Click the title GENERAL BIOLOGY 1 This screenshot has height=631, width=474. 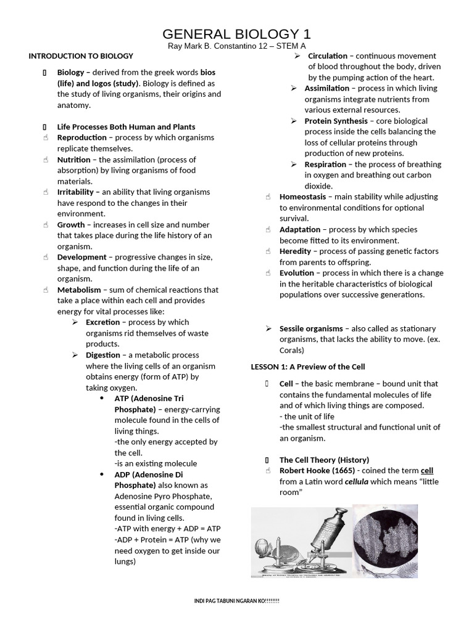tap(237, 33)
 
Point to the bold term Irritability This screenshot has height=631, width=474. tap(78, 192)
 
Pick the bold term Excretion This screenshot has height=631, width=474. tap(103, 322)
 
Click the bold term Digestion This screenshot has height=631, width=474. tap(103, 355)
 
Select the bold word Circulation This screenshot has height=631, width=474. tap(328, 56)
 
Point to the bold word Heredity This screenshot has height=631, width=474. tap(295, 251)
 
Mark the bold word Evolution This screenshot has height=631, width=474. tap(297, 273)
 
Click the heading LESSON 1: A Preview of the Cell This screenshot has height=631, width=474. tap(308, 367)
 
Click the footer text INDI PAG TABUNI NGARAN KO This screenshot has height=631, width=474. tap(237, 601)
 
